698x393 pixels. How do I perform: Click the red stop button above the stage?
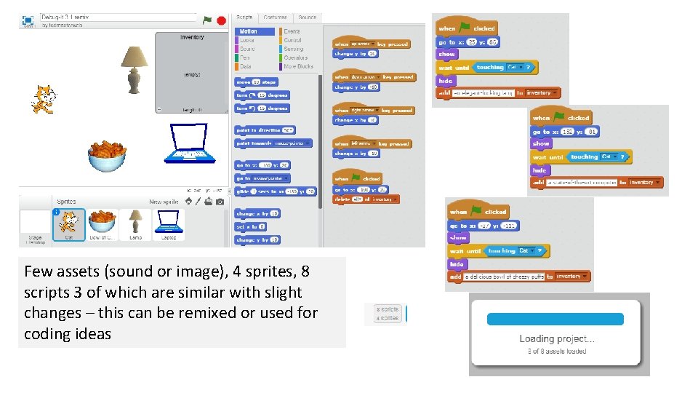tap(220, 20)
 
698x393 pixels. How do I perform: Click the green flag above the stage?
tap(208, 20)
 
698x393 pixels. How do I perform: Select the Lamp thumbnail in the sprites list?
tap(135, 224)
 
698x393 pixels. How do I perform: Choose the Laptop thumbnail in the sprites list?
tap(169, 224)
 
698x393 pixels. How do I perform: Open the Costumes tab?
tap(276, 17)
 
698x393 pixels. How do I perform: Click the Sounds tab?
tap(308, 17)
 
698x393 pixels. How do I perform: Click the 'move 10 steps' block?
tap(256, 82)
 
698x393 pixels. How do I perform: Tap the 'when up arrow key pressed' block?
tap(370, 44)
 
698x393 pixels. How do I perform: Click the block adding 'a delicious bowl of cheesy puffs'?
tap(518, 277)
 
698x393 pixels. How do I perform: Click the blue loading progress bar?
tap(555, 319)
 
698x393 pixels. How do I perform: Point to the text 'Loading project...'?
tap(556, 338)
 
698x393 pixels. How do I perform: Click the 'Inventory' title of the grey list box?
tap(193, 37)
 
